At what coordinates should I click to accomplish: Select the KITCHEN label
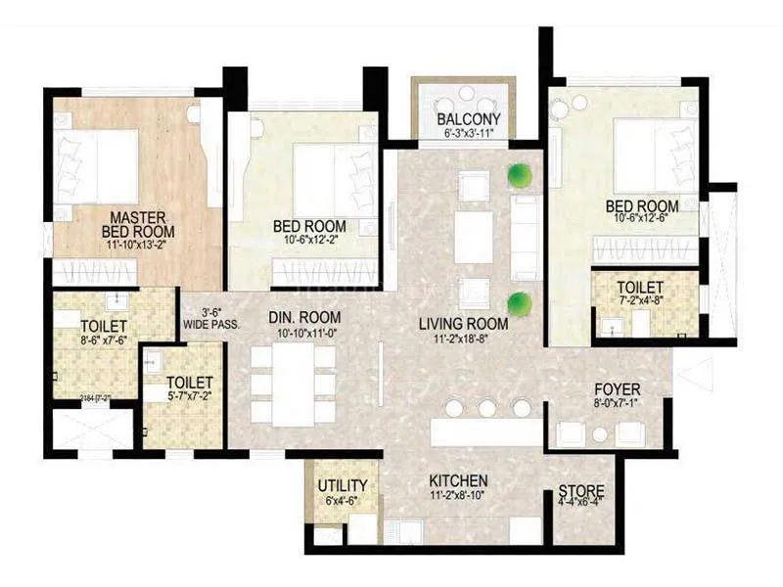tap(458, 481)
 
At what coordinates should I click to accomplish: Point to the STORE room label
tap(580, 491)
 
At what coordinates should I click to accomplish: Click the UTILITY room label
tap(343, 485)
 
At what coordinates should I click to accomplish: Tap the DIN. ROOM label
tap(304, 317)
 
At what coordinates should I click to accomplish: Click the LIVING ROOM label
tap(463, 324)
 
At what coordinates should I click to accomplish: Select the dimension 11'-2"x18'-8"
tap(463, 339)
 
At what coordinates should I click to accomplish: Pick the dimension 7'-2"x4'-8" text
tap(641, 301)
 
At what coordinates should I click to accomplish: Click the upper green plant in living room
tap(520, 176)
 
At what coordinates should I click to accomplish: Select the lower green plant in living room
tap(520, 301)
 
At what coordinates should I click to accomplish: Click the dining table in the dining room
tap(293, 385)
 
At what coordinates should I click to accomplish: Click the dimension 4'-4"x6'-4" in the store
tap(580, 505)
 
